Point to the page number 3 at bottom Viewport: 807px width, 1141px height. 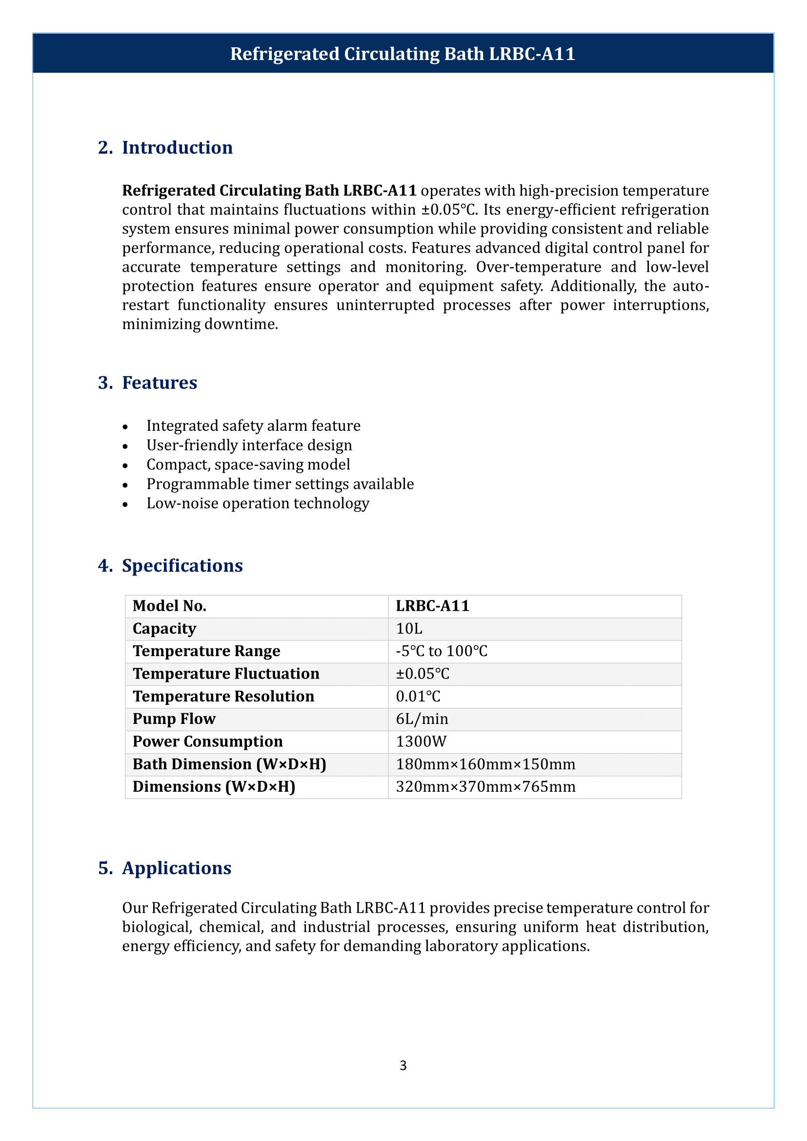click(403, 1065)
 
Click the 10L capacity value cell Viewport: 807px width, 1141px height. click(409, 629)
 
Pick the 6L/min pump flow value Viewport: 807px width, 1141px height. click(422, 719)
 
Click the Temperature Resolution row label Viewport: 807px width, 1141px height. click(223, 696)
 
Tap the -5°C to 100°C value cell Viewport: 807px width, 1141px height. click(441, 651)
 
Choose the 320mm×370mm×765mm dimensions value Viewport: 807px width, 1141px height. click(485, 787)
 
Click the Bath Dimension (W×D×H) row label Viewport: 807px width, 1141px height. click(229, 764)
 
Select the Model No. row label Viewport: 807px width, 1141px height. click(169, 606)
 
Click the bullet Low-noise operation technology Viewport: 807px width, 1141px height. click(258, 503)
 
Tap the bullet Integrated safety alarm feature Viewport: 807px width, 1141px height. click(253, 425)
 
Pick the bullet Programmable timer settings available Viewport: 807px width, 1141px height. click(280, 483)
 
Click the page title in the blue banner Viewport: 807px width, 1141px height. click(403, 54)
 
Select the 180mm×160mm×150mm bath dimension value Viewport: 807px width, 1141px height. click(485, 764)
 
